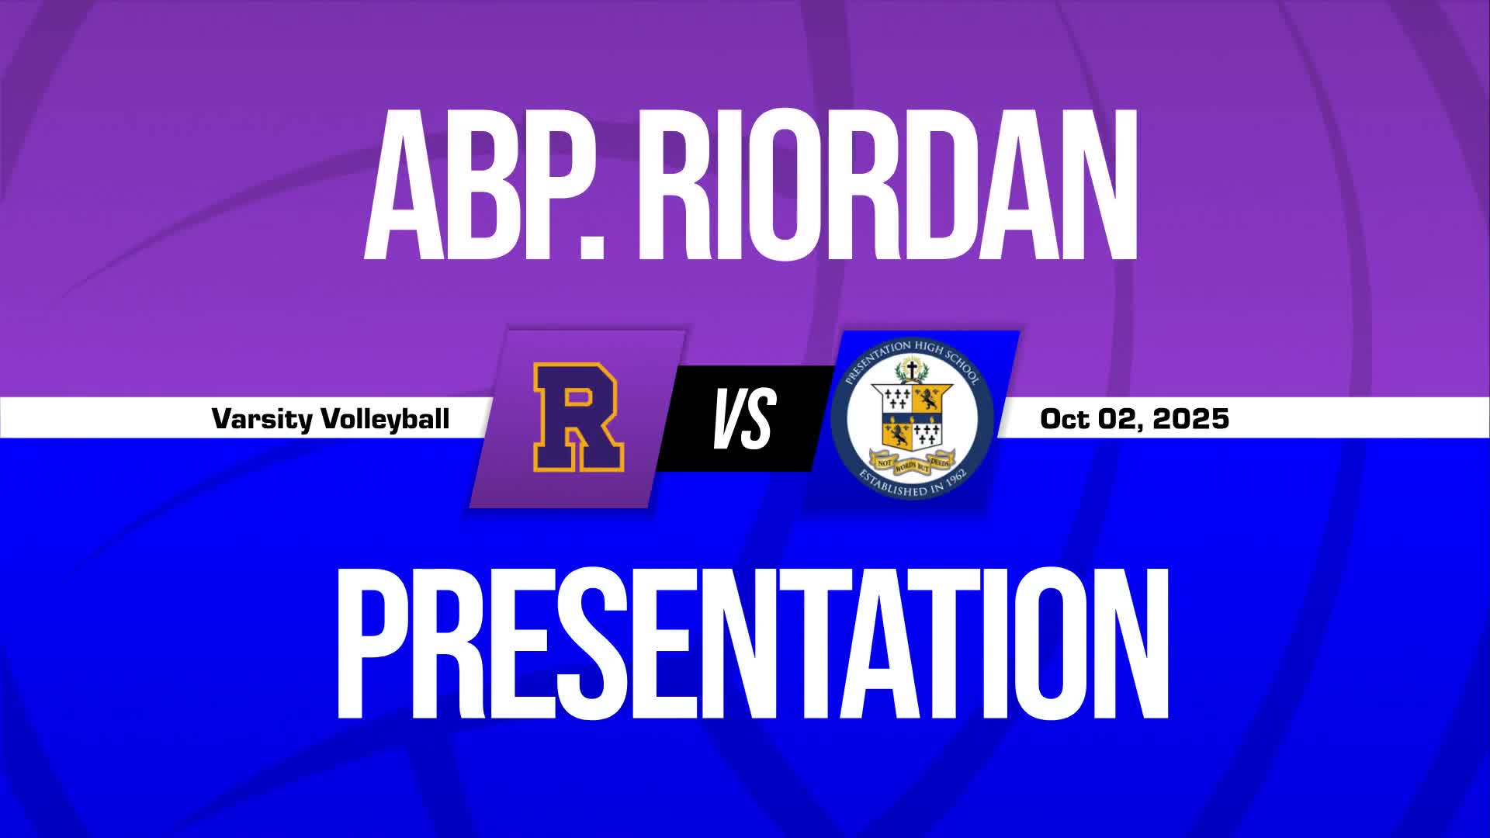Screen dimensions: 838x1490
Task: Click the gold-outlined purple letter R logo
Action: [x=578, y=418]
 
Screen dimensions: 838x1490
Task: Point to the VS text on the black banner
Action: [x=743, y=419]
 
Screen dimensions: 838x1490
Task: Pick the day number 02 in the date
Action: [x=1121, y=419]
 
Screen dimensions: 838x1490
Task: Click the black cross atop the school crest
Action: [x=913, y=369]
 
